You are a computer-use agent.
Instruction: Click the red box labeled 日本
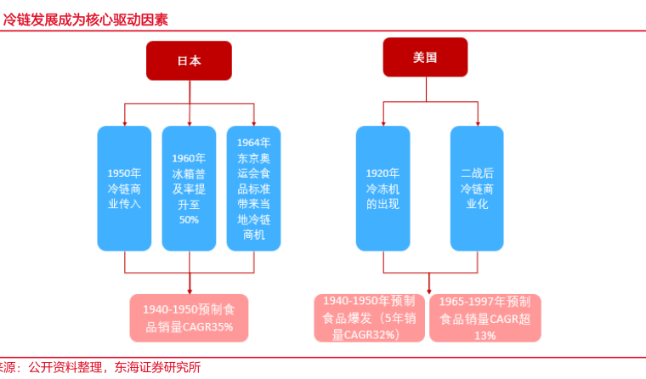click(189, 60)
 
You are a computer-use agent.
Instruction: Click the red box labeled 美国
click(425, 57)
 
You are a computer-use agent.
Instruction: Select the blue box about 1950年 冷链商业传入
click(124, 188)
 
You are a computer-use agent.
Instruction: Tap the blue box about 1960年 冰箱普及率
click(189, 188)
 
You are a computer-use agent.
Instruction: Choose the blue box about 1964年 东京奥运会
click(254, 188)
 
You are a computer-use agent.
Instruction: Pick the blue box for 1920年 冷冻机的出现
click(382, 188)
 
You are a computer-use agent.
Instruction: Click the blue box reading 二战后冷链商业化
click(477, 188)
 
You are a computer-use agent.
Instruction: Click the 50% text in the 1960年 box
click(189, 219)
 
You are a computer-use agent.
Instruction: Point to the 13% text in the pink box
click(485, 336)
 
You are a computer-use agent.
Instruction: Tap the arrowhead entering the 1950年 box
click(124, 122)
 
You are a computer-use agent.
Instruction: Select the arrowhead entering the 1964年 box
click(254, 122)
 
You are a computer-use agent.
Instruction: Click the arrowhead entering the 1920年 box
click(382, 122)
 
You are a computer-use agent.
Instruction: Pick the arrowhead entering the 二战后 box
click(477, 122)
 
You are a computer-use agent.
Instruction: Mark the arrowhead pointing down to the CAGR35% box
click(189, 290)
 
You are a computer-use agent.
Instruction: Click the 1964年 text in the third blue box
click(254, 141)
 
